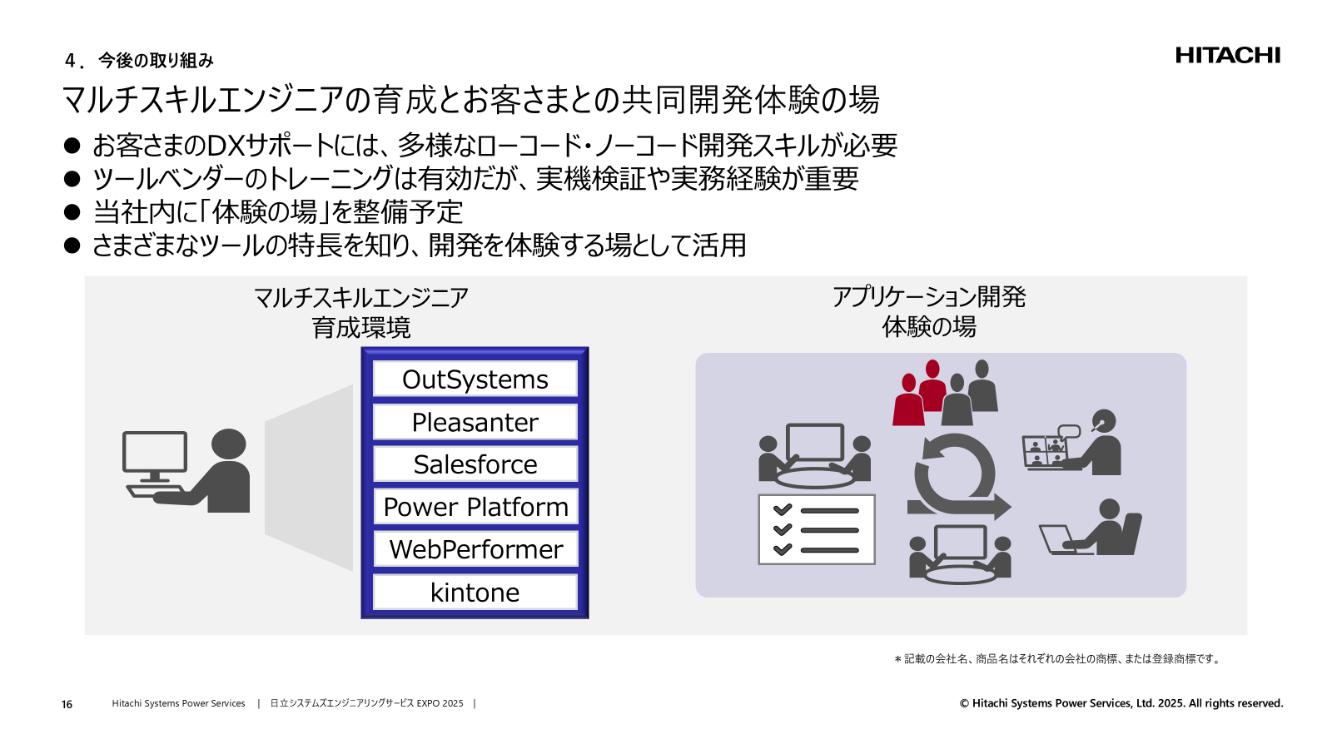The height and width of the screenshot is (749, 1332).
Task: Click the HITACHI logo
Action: pos(1227,56)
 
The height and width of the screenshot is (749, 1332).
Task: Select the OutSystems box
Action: pos(475,379)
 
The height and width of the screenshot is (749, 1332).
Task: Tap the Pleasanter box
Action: pos(475,422)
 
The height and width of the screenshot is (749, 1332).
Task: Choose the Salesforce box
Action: pos(475,464)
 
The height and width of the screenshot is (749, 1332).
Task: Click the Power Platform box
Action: pos(475,507)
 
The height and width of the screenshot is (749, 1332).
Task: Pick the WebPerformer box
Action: pos(475,549)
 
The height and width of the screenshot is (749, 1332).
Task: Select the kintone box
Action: pos(475,592)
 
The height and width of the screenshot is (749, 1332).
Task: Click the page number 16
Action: pos(67,704)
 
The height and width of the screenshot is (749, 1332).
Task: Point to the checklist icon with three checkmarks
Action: pos(816,529)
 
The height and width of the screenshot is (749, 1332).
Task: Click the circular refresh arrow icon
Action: pos(956,476)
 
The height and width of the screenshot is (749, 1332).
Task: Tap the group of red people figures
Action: pos(921,394)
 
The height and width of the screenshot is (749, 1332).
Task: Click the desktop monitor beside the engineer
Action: pos(155,456)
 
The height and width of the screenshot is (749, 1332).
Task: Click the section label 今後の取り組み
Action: pos(156,61)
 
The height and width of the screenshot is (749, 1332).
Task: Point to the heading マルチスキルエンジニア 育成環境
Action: pos(361,312)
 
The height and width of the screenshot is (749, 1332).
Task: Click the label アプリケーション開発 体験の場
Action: pos(929,311)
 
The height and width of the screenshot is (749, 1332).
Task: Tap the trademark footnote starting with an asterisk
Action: pos(1058,659)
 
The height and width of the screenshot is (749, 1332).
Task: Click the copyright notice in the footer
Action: pos(1121,703)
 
